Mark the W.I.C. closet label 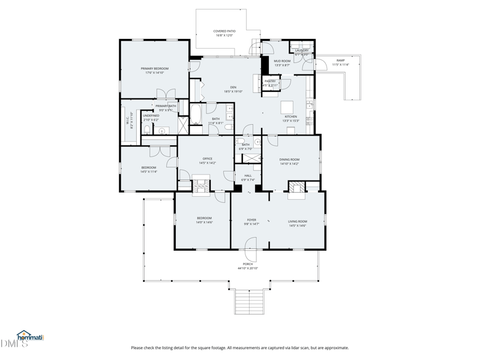pyautogui.click(x=128, y=122)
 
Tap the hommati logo pyautogui.click(x=30, y=337)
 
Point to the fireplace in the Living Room pyautogui.click(x=296, y=192)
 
